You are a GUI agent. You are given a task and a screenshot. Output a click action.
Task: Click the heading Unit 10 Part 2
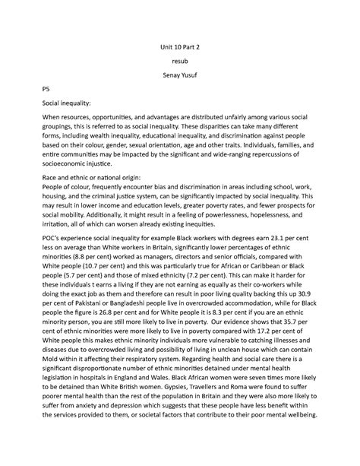tap(179, 45)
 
